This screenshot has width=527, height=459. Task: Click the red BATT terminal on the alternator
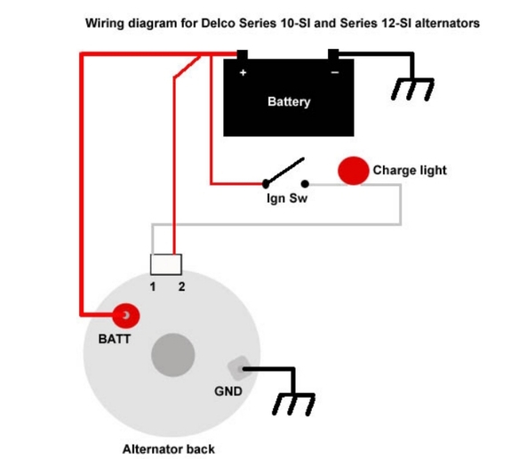[125, 315]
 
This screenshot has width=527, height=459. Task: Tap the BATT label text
[115, 339]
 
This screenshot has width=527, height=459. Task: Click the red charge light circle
[353, 171]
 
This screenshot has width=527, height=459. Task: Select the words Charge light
[410, 170]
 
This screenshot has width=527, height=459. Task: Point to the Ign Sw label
[287, 198]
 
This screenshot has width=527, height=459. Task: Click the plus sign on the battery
[243, 72]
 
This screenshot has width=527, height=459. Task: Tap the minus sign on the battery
[335, 72]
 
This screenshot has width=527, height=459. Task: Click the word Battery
[289, 101]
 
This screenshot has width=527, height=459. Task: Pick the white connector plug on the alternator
[166, 264]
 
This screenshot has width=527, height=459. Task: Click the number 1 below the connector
[153, 286]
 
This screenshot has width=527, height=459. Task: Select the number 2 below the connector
[181, 286]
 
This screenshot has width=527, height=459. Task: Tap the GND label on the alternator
[228, 391]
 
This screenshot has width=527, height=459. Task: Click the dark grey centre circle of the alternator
[173, 355]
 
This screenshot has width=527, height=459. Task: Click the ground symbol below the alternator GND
[294, 405]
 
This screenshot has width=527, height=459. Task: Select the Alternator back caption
[168, 449]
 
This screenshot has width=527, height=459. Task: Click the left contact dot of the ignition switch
[266, 184]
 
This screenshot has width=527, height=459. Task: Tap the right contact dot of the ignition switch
[305, 184]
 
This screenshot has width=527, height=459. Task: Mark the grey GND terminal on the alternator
[239, 368]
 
